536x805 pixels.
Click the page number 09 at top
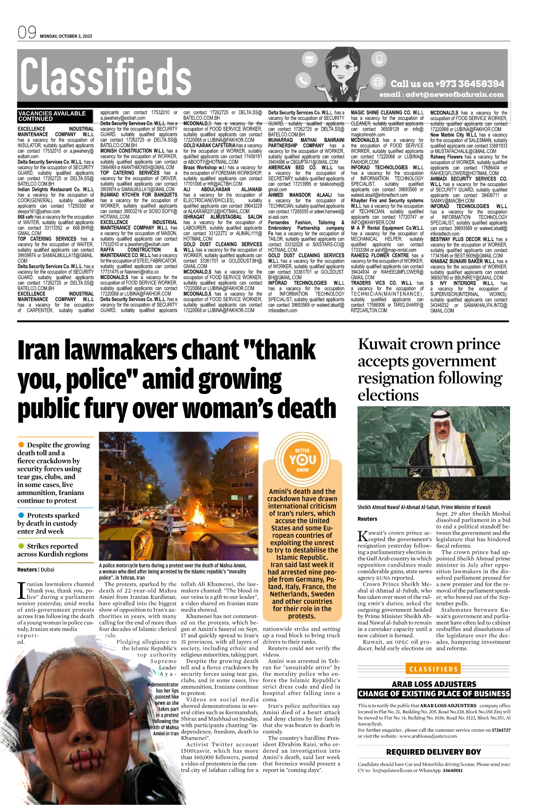(27, 33)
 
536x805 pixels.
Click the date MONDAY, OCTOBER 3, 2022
(66, 36)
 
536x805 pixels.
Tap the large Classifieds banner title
(106, 77)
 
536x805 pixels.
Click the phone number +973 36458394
(464, 84)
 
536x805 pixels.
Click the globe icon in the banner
(378, 82)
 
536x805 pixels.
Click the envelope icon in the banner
(309, 59)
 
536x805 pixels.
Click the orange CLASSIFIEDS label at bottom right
(434, 669)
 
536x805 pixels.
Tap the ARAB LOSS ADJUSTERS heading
(434, 684)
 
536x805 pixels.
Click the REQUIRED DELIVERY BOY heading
(434, 752)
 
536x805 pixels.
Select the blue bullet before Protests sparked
(21, 515)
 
